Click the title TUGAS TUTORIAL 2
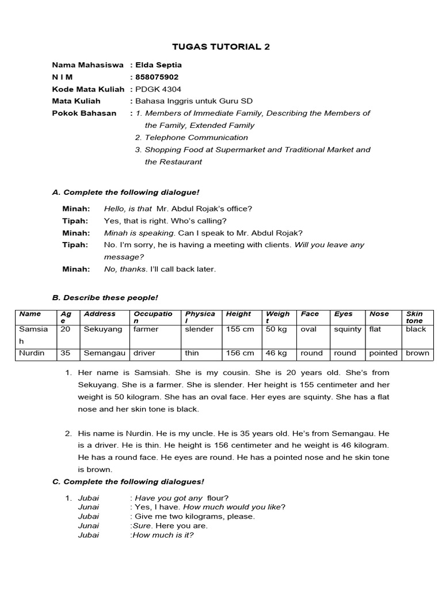(x=221, y=47)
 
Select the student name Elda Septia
(x=158, y=65)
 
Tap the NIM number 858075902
(x=157, y=77)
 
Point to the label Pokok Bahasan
(x=81, y=114)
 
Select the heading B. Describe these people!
(x=105, y=298)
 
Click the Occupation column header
(x=153, y=317)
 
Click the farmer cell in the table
(x=146, y=330)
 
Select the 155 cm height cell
(x=240, y=330)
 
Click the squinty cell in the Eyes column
(x=348, y=330)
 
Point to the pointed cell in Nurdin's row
(x=383, y=353)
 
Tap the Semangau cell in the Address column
(x=105, y=353)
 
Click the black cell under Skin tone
(x=416, y=330)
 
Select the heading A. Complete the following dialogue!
(x=125, y=192)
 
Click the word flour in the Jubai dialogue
(x=216, y=498)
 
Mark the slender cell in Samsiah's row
(x=199, y=330)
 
